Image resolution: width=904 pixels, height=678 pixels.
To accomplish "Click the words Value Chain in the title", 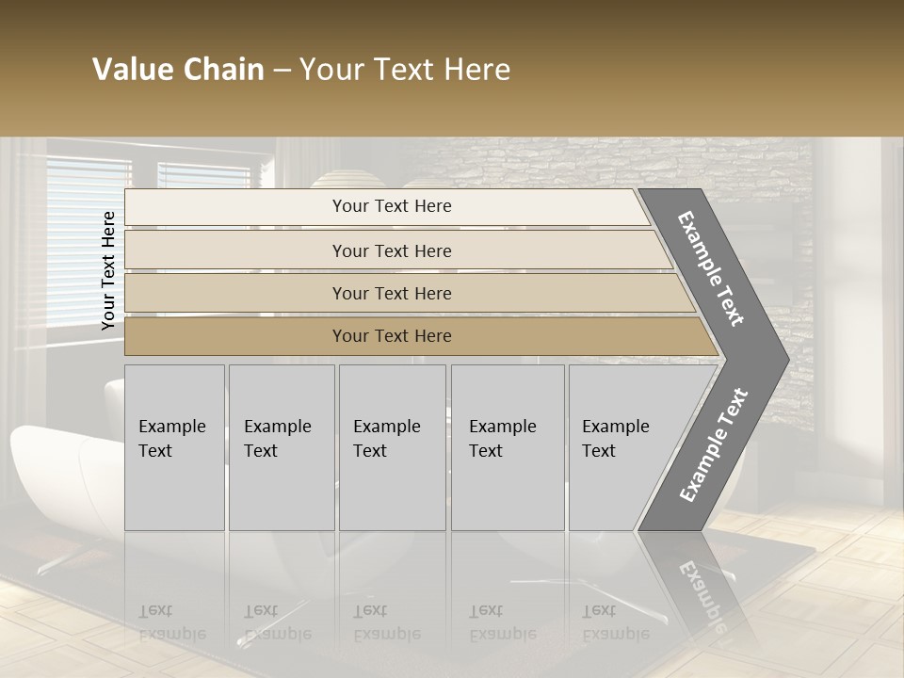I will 178,70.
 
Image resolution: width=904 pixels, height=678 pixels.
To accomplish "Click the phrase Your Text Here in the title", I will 405,70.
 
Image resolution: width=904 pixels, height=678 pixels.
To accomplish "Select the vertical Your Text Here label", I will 108,270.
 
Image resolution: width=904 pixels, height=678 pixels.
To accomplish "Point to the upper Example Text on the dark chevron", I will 711,268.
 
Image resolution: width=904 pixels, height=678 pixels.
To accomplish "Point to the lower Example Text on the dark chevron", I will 713,444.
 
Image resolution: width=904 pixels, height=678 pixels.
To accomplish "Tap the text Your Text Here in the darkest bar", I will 392,336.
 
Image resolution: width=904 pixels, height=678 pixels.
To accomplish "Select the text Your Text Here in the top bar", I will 392,206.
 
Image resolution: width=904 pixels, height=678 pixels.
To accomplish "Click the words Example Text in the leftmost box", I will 171,439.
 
